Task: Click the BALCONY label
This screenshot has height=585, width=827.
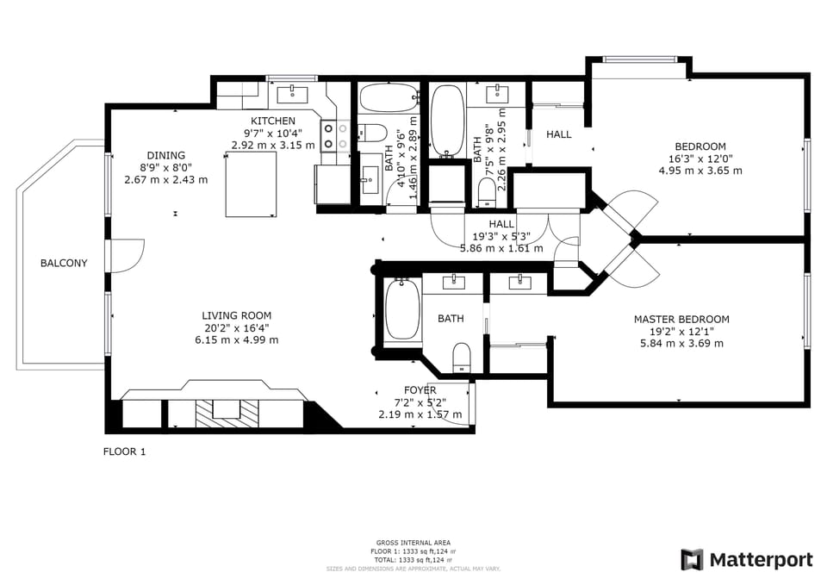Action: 64,263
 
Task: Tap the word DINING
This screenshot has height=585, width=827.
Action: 165,156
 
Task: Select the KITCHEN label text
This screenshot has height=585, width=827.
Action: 273,121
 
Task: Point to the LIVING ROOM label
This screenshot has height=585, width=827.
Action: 236,315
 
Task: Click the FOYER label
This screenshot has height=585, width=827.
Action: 420,390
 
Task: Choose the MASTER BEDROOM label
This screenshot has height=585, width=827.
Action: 681,319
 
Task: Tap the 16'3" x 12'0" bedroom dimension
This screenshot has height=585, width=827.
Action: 700,159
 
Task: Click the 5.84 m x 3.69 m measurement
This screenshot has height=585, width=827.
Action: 681,343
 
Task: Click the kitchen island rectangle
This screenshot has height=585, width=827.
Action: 252,184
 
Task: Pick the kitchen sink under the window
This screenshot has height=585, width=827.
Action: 294,90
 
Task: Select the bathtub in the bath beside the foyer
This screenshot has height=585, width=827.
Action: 401,309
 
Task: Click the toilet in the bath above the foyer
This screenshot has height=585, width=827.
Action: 462,357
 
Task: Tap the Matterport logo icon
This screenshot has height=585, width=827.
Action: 692,560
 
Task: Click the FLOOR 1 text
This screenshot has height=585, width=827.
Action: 125,451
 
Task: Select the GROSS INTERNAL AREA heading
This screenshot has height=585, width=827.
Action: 413,543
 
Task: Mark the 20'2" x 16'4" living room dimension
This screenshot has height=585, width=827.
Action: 236,327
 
